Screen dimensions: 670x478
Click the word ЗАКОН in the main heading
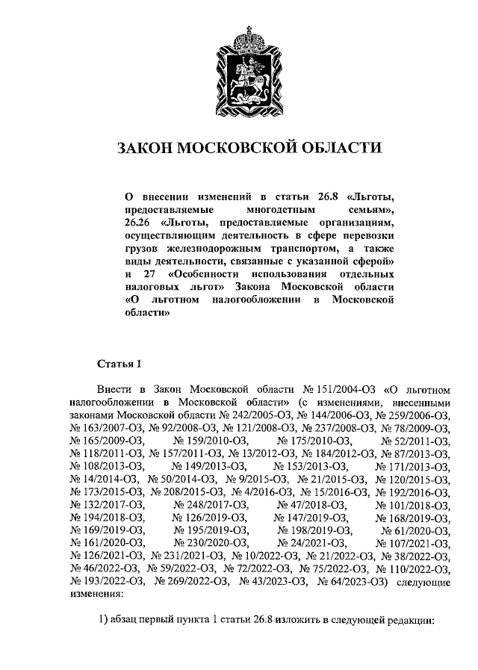pyautogui.click(x=147, y=148)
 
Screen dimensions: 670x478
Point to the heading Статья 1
pyautogui.click(x=119, y=364)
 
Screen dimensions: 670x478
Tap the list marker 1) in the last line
pyautogui.click(x=105, y=619)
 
